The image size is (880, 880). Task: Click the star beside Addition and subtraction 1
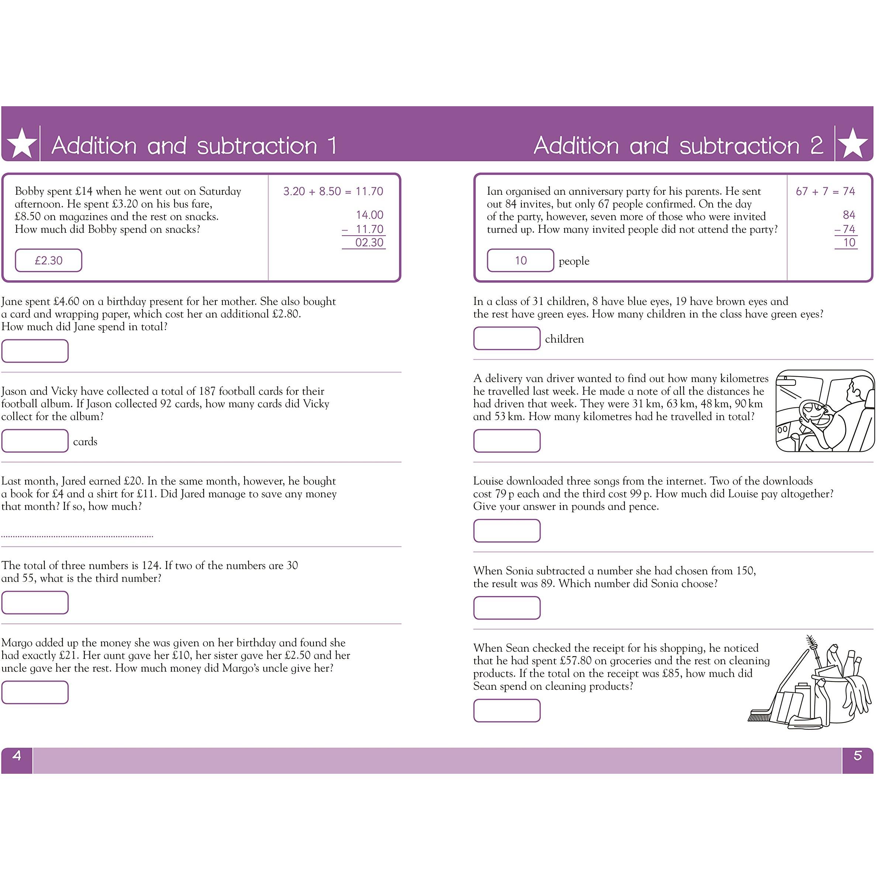tap(22, 143)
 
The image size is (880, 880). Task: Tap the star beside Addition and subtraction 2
tap(853, 143)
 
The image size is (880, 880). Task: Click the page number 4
tap(17, 756)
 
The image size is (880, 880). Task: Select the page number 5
tap(857, 756)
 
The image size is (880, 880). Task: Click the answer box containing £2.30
tap(49, 260)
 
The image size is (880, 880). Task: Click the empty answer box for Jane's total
tap(35, 351)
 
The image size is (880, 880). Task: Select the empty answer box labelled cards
tap(35, 441)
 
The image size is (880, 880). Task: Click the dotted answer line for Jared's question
tap(77, 536)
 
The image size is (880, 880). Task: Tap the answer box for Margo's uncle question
tap(35, 692)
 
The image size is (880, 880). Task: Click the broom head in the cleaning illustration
tap(760, 717)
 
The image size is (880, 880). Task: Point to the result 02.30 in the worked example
tap(369, 243)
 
